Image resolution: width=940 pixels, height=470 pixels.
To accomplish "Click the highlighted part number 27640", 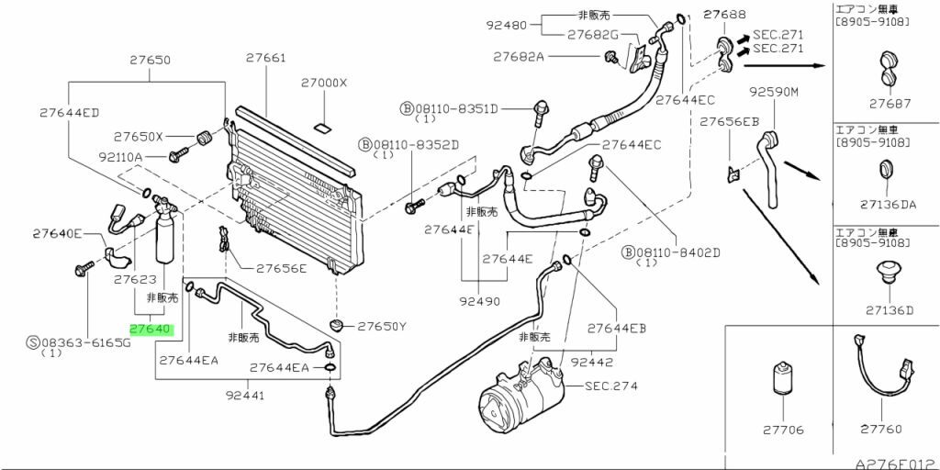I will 150,328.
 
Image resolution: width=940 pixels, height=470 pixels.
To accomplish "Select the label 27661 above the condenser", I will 265,58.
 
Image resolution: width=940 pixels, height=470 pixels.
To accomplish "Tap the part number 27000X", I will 324,83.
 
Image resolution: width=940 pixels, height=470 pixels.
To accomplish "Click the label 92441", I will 244,397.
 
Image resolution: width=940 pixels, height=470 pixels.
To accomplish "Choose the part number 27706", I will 782,429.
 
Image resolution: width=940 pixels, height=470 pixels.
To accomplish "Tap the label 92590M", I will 774,92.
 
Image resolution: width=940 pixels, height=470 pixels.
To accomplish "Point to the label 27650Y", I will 382,326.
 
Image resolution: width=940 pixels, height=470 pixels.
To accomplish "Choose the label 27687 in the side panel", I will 885,104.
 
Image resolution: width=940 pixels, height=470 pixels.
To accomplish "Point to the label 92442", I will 592,363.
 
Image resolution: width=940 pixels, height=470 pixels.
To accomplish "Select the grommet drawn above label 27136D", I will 886,273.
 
